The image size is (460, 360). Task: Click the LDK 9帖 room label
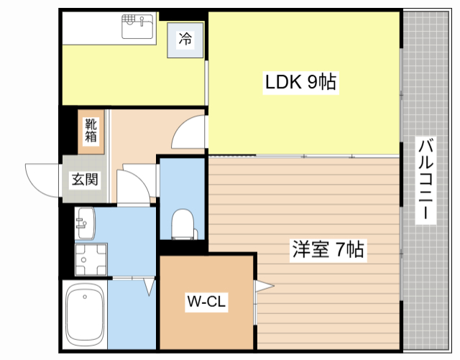(x=300, y=83)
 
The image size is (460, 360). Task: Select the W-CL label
(x=207, y=303)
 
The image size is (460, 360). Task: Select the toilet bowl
(x=182, y=223)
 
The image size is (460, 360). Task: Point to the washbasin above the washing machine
(x=84, y=223)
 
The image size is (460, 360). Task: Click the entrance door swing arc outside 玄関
(x=42, y=178)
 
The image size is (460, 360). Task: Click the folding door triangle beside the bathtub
(x=149, y=287)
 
